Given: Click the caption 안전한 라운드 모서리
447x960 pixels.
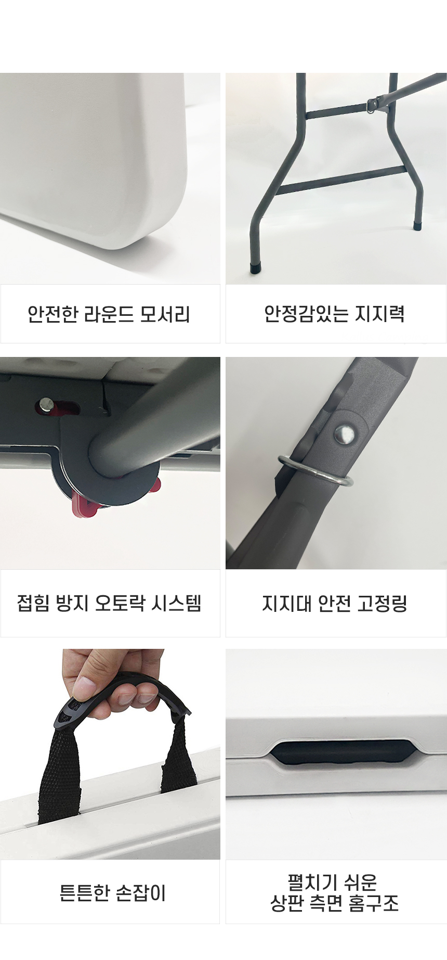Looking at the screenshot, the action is click(x=109, y=314).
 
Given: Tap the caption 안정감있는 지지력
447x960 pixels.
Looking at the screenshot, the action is click(x=334, y=314).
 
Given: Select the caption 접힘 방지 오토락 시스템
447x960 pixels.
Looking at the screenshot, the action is click(x=109, y=603).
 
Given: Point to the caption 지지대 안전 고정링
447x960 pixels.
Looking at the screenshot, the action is click(x=335, y=603).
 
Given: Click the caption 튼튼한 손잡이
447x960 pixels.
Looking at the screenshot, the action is click(x=113, y=893).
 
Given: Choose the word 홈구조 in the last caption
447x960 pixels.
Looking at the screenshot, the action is click(x=374, y=903).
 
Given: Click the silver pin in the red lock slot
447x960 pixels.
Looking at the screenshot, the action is click(x=47, y=403).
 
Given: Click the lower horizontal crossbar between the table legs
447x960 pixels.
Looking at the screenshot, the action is click(x=340, y=181).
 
